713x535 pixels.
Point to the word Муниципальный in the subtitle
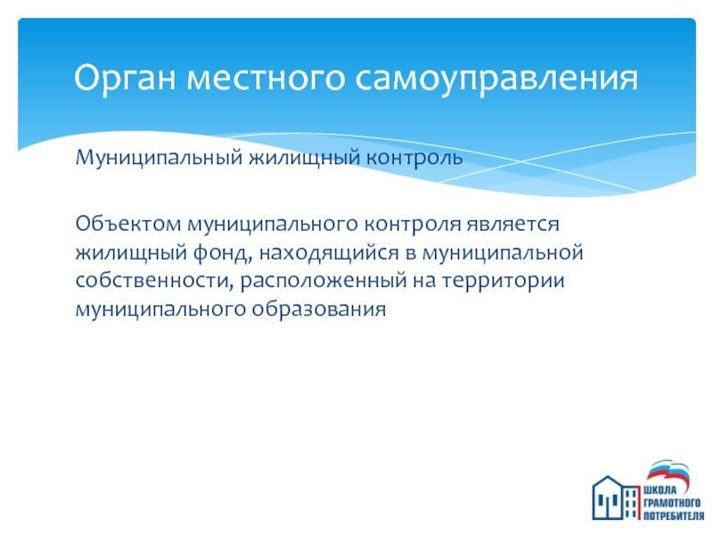(x=159, y=158)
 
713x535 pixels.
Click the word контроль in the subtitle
(x=414, y=158)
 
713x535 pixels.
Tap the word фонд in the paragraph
(x=222, y=252)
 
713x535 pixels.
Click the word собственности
(x=154, y=280)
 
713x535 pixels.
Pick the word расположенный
(x=324, y=281)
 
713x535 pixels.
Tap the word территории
(x=504, y=281)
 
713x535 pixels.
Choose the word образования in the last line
(x=318, y=309)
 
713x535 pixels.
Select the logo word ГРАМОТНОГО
(x=672, y=503)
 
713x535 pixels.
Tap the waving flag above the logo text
(x=668, y=473)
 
